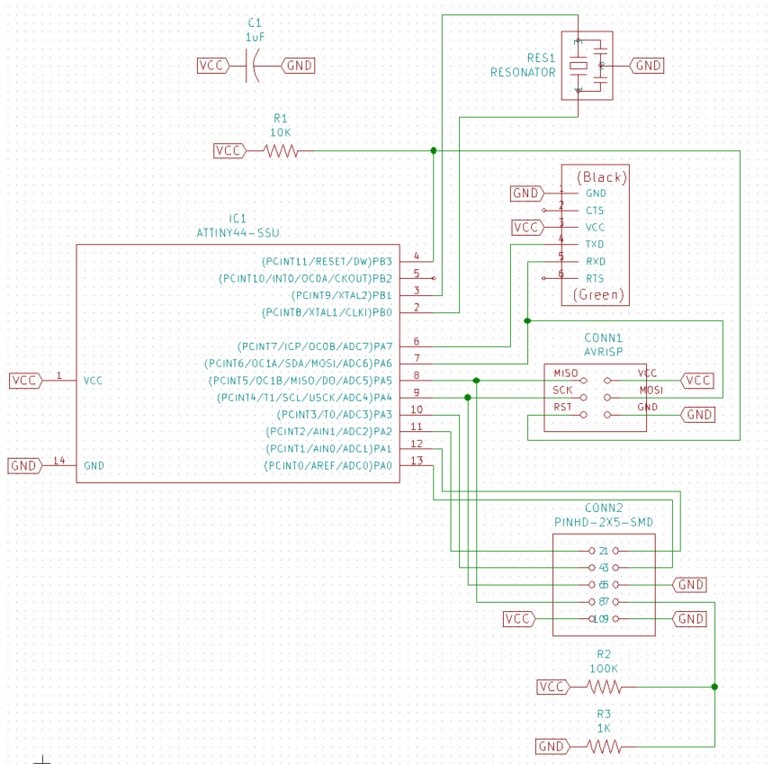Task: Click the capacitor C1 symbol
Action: [254, 66]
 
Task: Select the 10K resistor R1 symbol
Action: [281, 151]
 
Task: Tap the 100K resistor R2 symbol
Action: [604, 688]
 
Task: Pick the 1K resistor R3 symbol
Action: [604, 747]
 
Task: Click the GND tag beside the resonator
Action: [647, 66]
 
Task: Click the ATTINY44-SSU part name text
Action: [238, 233]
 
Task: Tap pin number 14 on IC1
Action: [59, 461]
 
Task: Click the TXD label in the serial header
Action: [595, 244]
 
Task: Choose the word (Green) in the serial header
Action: [595, 294]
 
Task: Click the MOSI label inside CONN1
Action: [651, 391]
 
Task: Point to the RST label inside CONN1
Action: [562, 407]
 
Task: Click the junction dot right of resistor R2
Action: [714, 687]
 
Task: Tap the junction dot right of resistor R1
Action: [434, 150]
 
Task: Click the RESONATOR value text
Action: [522, 72]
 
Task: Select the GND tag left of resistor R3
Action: [552, 747]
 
